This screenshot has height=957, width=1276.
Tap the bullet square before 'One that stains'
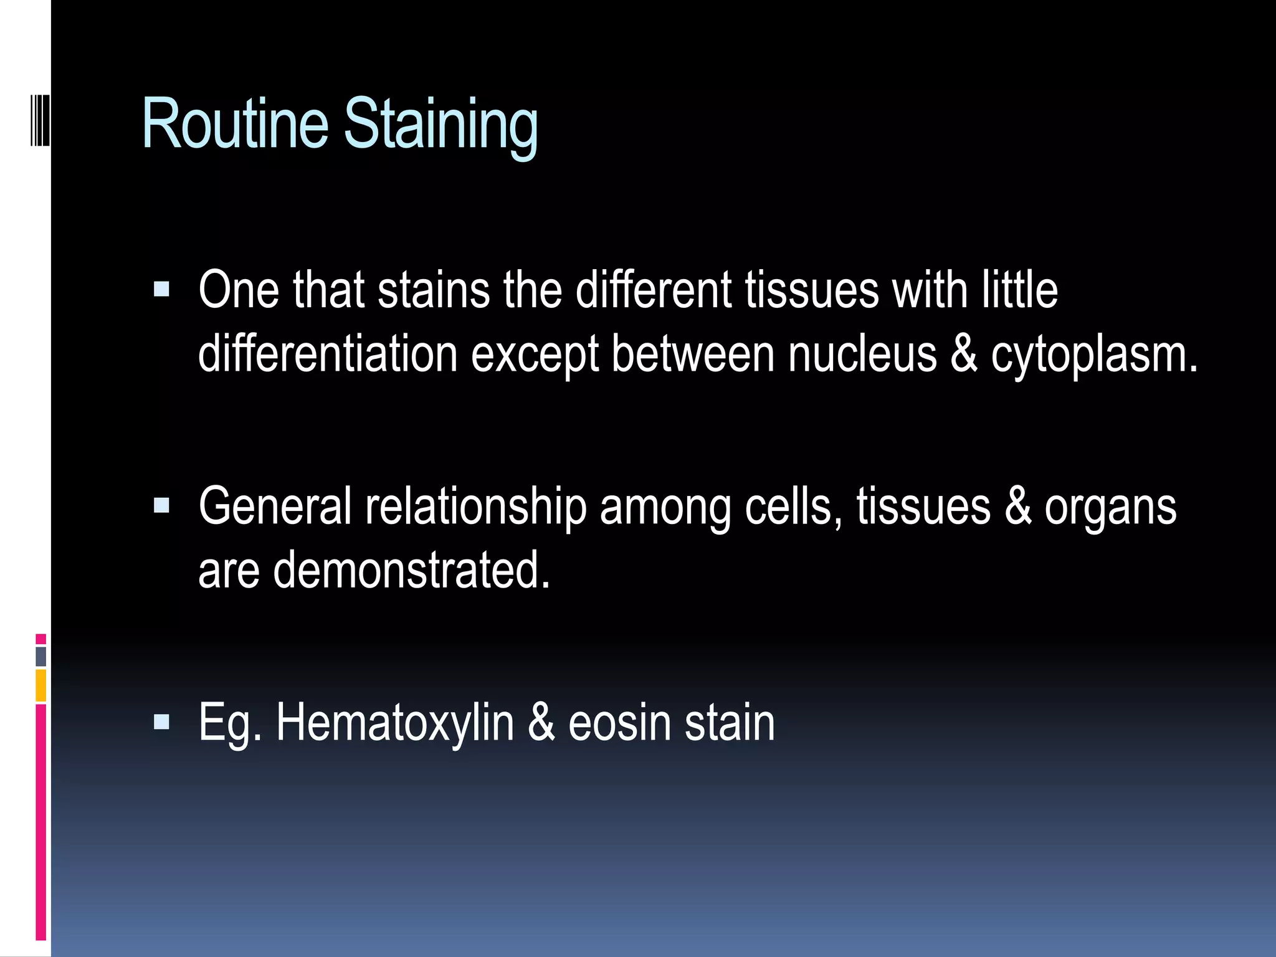(161, 289)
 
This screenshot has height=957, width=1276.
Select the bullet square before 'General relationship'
(161, 505)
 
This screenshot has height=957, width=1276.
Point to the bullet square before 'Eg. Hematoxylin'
(161, 721)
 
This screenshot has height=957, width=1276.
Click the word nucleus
(862, 354)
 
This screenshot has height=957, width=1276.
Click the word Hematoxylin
(395, 723)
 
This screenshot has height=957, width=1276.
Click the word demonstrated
(411, 569)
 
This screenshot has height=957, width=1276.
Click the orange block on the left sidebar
(41, 685)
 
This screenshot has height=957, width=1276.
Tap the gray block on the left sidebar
(41, 656)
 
